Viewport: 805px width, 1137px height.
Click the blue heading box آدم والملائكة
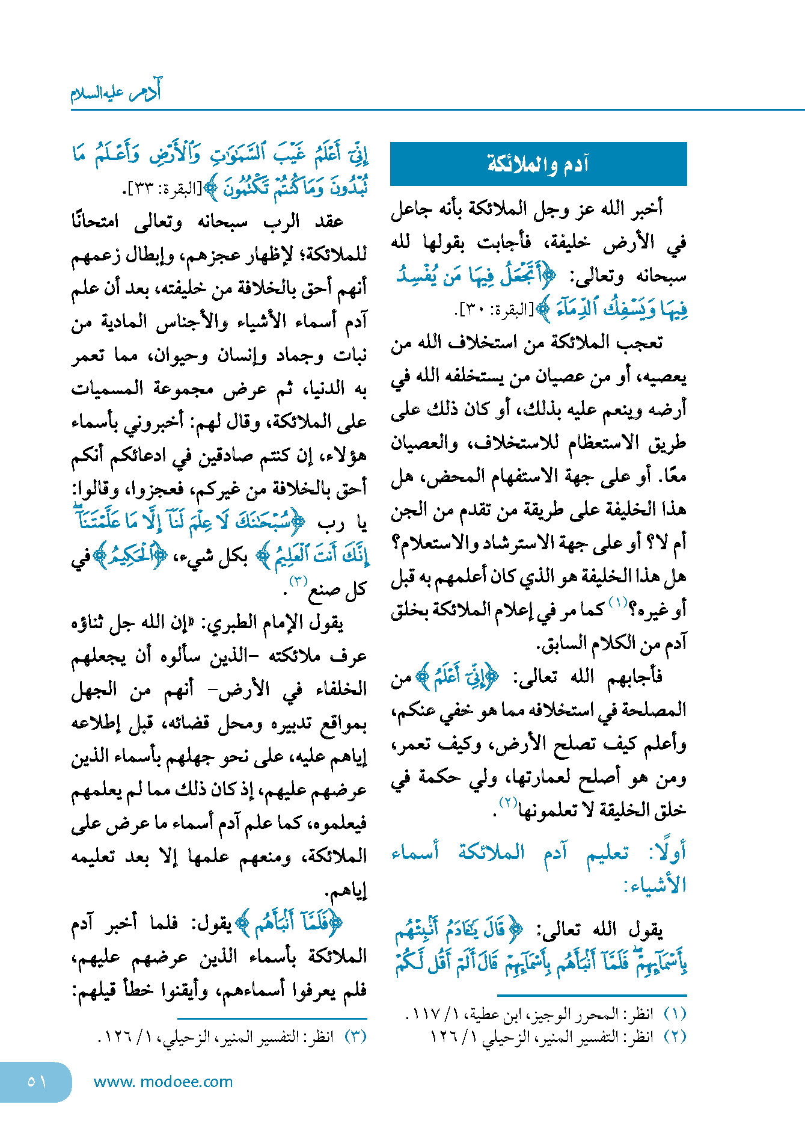tap(538, 164)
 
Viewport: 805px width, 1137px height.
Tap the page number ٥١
tap(36, 1082)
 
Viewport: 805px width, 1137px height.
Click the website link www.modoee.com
tap(163, 1082)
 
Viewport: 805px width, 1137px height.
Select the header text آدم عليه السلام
tap(115, 92)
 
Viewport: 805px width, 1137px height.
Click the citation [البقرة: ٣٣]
tap(161, 189)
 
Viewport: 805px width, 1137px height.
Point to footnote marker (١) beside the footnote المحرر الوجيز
tap(675, 1014)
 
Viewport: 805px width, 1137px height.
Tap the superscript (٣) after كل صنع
tap(298, 581)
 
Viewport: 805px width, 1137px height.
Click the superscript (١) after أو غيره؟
tap(617, 602)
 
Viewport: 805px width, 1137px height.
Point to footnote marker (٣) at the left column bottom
tap(355, 1037)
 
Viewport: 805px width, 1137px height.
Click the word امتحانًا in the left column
tap(95, 221)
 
